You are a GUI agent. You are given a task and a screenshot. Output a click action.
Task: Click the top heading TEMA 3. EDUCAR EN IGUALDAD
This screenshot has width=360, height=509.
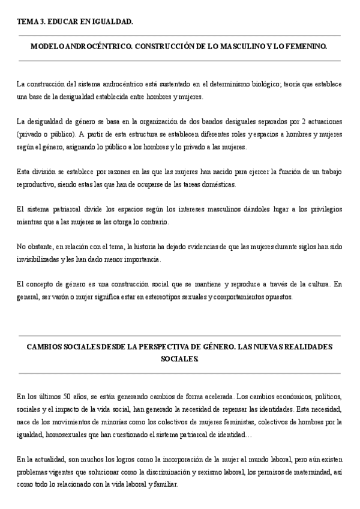(x=75, y=22)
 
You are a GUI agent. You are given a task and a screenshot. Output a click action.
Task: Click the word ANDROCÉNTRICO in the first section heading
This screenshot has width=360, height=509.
(x=89, y=46)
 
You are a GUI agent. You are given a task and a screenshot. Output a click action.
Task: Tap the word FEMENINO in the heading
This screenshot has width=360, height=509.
(x=303, y=46)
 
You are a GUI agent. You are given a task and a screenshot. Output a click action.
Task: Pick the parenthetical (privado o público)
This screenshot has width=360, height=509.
(x=46, y=134)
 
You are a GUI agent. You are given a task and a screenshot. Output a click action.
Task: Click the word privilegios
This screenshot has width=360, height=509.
(x=324, y=211)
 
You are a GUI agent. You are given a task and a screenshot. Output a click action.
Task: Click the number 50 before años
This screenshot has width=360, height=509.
(x=68, y=397)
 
